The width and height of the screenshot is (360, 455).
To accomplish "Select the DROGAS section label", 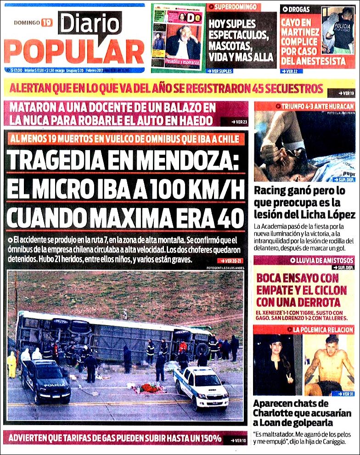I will click(300, 9).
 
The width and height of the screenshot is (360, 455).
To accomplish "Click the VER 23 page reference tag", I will click(234, 122).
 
